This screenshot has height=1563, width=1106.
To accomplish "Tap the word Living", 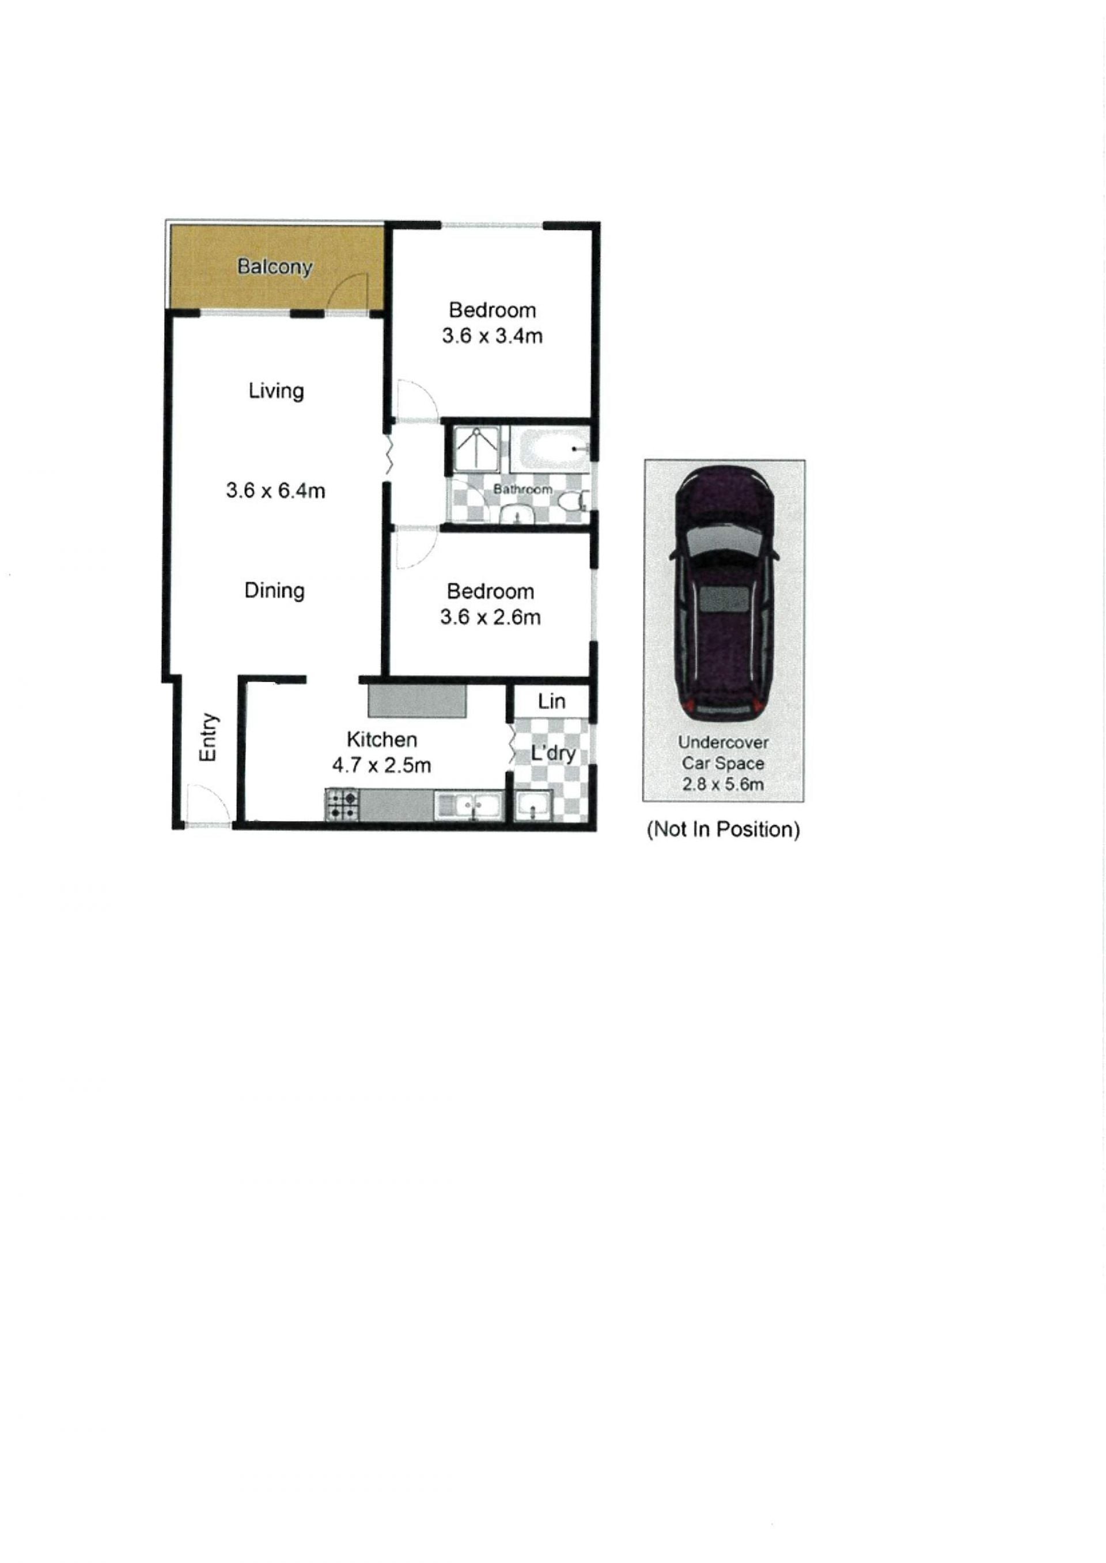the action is [276, 391].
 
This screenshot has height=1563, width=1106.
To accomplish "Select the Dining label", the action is [274, 591].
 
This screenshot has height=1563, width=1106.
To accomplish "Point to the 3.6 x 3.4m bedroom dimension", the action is [492, 336].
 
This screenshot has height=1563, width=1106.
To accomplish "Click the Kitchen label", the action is [382, 739].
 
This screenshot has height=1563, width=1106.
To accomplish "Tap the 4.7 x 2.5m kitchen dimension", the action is [381, 765].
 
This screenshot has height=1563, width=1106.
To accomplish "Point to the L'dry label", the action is [553, 753].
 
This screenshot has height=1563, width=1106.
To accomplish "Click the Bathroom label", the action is [522, 489].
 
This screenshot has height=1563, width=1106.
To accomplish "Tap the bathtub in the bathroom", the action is [550, 449].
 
